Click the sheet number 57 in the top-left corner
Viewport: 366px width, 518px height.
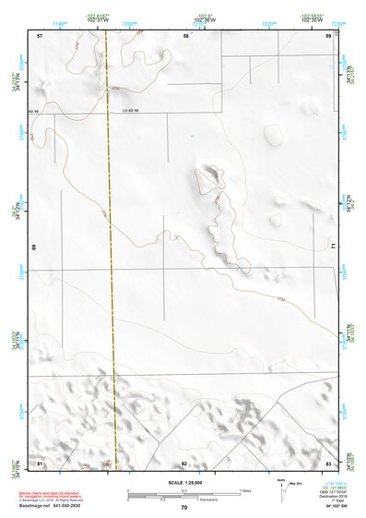tap(40, 35)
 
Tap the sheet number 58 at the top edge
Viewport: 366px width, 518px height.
tap(185, 35)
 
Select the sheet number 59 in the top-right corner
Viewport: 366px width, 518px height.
tap(327, 35)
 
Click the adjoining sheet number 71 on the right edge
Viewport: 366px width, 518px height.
tap(334, 247)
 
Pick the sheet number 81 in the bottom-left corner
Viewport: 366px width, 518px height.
tap(40, 463)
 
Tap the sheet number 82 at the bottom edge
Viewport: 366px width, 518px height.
tap(184, 463)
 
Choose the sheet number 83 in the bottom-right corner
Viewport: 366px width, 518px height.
tap(327, 463)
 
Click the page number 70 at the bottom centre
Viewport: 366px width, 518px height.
tap(183, 508)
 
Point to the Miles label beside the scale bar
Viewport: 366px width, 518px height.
tap(244, 490)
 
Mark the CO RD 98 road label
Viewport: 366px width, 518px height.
tap(130, 111)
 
